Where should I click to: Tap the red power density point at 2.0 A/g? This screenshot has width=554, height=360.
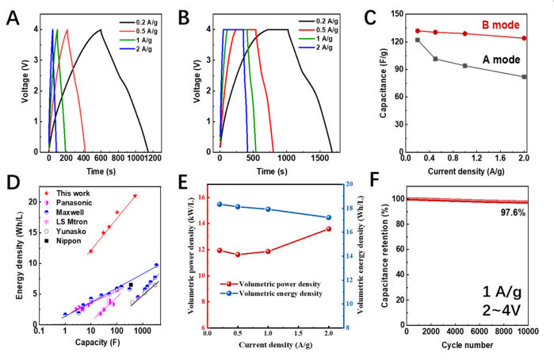tap(328, 229)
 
